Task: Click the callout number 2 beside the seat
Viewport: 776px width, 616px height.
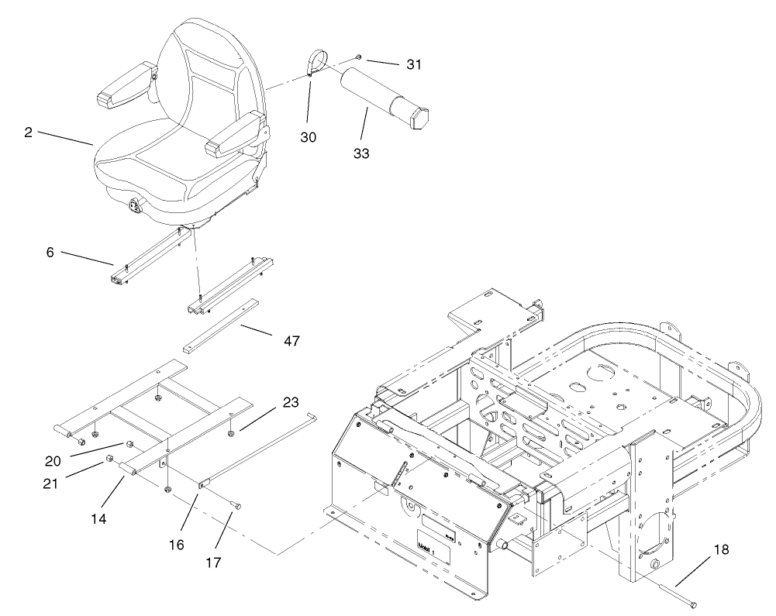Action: point(28,132)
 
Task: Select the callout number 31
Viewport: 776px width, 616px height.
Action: point(414,65)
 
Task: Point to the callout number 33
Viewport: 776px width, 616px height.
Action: point(360,153)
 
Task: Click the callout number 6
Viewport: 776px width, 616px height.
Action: point(50,253)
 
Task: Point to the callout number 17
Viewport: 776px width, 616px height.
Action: point(212,561)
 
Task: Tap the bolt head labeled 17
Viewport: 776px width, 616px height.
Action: point(237,505)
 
